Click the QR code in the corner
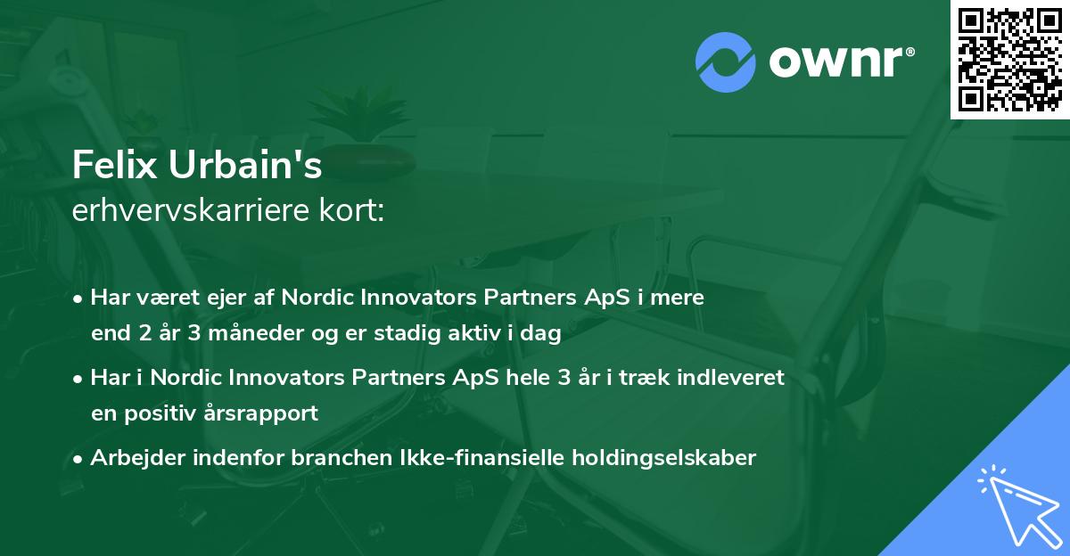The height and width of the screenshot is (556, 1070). coord(1009,60)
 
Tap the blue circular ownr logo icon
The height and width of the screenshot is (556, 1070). coord(726,62)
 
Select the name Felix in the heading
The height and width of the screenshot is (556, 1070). coord(115,165)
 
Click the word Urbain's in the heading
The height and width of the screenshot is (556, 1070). coord(245,165)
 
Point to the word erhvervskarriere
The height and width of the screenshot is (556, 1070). coord(191,210)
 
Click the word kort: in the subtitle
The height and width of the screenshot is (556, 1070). coord(351,210)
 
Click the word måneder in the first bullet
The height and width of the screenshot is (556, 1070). coord(256,333)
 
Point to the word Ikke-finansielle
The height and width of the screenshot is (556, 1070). coord(481,457)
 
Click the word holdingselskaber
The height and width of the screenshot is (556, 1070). coord(664,458)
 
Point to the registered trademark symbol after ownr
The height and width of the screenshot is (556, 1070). coord(909,52)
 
